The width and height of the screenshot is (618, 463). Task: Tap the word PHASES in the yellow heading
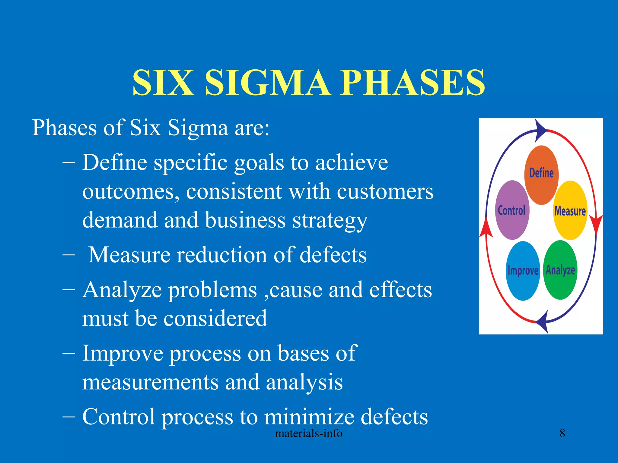(x=413, y=83)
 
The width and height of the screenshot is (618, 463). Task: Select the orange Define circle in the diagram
(x=541, y=175)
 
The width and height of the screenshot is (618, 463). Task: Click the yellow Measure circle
(x=570, y=210)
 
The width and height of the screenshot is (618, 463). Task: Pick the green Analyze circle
(x=560, y=270)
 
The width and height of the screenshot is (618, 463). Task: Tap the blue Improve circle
(x=523, y=271)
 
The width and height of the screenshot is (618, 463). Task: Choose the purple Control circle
(x=512, y=210)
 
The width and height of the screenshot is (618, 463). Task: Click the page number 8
(x=562, y=433)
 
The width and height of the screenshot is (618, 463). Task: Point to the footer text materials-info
(x=309, y=433)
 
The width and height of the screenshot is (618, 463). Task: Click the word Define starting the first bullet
(x=115, y=162)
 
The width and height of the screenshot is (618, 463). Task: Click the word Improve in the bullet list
(x=123, y=353)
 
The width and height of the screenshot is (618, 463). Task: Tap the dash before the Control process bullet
(x=69, y=417)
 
